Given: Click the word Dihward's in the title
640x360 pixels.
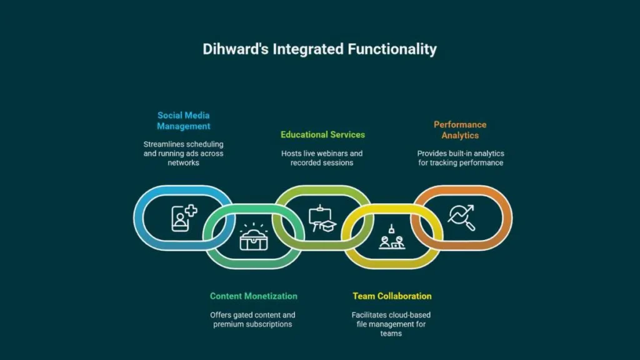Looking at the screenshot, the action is click(x=236, y=49).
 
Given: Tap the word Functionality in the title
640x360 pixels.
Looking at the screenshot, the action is click(x=392, y=49).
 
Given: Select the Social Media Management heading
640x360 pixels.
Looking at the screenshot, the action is click(x=184, y=121).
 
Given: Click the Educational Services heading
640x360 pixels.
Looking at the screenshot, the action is click(x=323, y=135).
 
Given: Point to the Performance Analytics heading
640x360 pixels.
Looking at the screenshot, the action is click(x=460, y=130).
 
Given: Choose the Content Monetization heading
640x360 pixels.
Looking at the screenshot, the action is click(x=254, y=296).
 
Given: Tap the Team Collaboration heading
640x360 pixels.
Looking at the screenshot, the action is click(x=392, y=296).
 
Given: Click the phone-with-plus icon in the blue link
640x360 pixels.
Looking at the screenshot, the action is click(x=184, y=218).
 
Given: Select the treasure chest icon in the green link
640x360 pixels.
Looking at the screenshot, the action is click(x=254, y=237).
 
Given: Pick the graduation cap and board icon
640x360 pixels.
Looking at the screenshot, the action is click(x=322, y=219).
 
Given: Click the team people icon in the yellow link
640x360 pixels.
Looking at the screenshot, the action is click(x=392, y=237).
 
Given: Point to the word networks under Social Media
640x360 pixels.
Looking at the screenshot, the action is click(x=183, y=163).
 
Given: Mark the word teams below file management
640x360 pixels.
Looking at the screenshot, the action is click(x=391, y=334).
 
